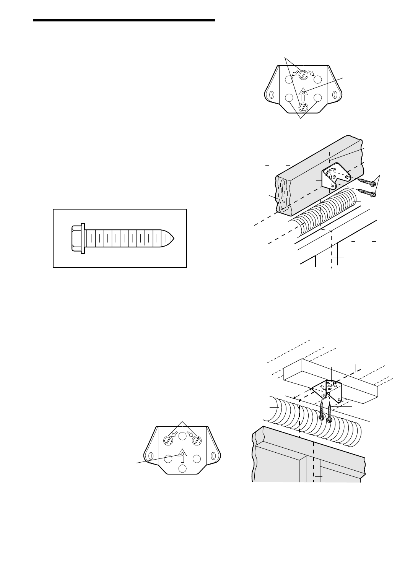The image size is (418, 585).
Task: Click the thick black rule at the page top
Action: pyautogui.click(x=124, y=20)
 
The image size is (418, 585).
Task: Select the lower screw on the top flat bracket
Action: pyautogui.click(x=303, y=107)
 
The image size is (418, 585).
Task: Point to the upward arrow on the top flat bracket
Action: pyautogui.click(x=303, y=94)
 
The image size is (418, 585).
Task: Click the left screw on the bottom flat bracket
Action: pyautogui.click(x=168, y=440)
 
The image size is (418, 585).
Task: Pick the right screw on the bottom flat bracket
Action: pyautogui.click(x=196, y=440)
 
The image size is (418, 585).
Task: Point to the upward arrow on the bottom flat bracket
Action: pyautogui.click(x=182, y=456)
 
